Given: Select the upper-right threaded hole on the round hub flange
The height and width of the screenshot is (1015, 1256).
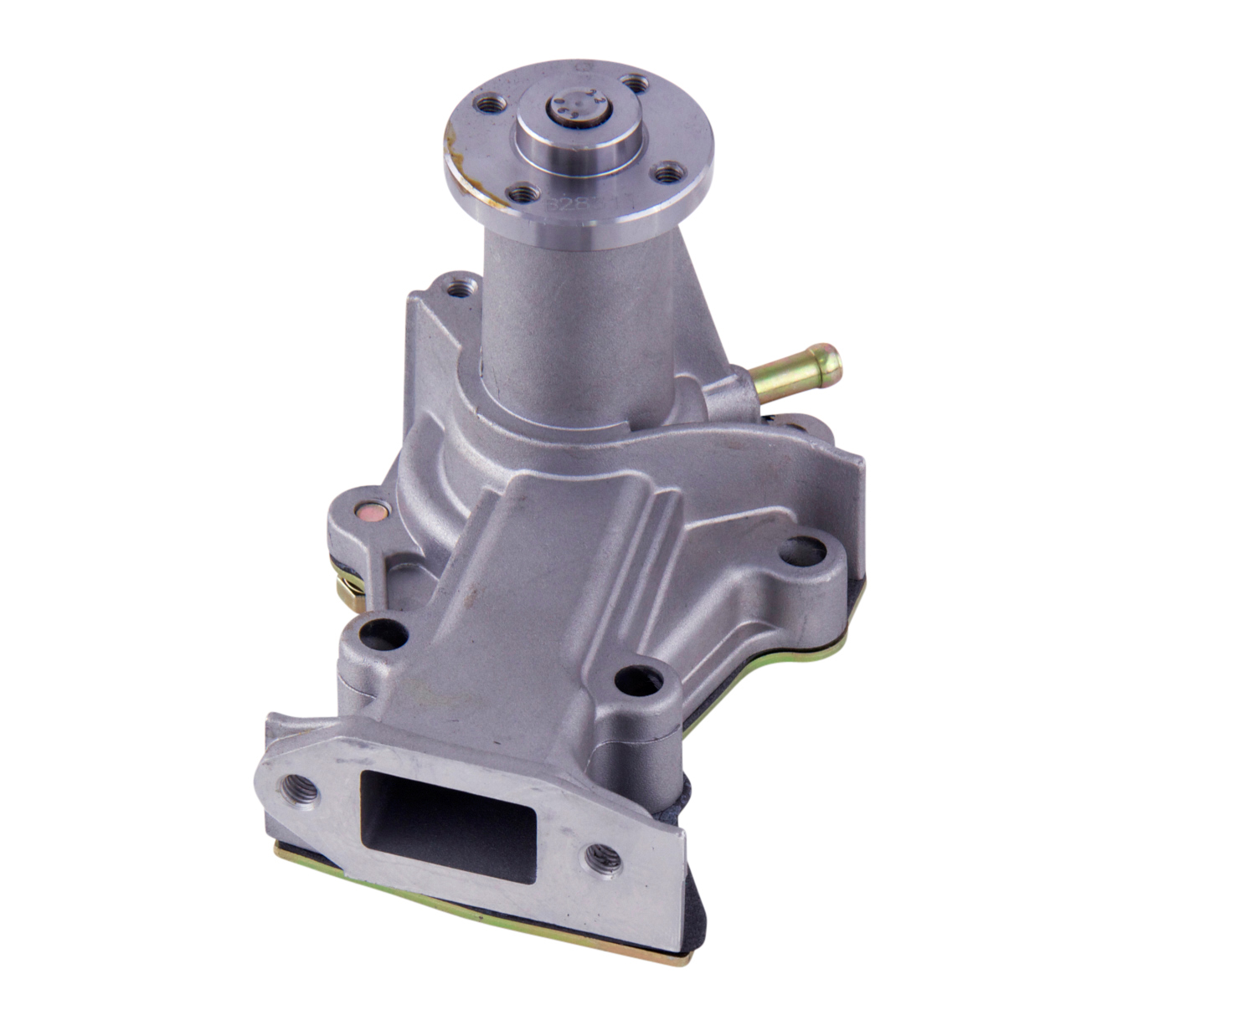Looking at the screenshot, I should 638,84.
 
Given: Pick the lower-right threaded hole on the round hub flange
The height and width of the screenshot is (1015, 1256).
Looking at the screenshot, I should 667,173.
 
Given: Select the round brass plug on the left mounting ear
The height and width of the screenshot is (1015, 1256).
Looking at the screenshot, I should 368,510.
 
